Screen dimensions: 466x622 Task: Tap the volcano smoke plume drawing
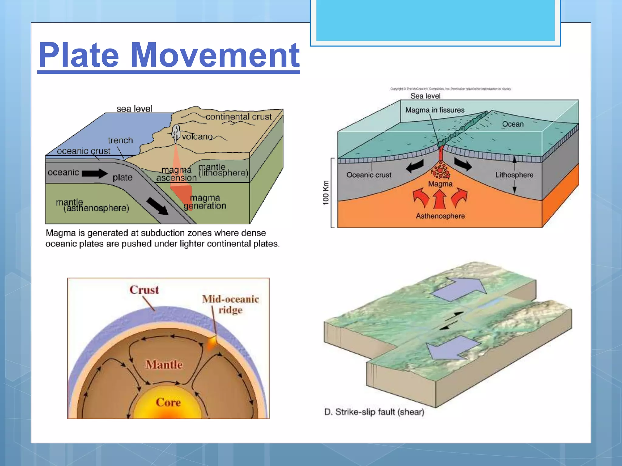176,133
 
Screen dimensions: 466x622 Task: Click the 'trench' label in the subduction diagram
120,140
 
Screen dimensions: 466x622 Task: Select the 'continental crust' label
239,117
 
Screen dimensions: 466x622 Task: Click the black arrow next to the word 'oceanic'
94,173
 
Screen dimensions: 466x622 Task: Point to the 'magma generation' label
205,202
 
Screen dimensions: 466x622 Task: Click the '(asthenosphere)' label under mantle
96,208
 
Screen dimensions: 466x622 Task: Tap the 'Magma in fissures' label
435,110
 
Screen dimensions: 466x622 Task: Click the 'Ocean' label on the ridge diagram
513,124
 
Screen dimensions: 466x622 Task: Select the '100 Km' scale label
326,193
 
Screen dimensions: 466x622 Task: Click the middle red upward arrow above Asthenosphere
439,199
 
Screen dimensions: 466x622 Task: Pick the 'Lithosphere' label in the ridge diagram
514,175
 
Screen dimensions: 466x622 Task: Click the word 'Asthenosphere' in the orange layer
440,216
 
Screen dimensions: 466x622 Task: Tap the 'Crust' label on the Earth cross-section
144,290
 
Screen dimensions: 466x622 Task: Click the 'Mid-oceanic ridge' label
231,304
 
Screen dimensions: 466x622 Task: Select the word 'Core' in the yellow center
168,403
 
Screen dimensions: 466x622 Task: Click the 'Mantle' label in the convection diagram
164,364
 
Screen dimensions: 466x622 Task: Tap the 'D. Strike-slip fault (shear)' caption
374,412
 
